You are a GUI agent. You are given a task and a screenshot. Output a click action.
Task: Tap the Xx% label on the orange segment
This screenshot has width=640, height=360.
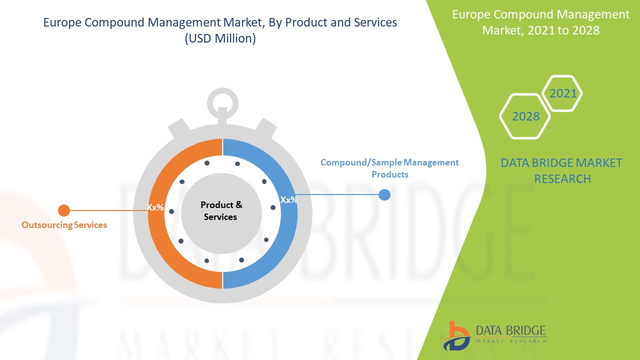click(155, 207)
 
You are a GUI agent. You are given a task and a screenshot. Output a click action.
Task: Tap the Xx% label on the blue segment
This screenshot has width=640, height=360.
click(289, 200)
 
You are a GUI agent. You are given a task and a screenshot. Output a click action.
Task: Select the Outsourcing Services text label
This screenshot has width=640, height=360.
click(64, 225)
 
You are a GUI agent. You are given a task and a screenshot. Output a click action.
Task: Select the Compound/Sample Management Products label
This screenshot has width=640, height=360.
click(389, 168)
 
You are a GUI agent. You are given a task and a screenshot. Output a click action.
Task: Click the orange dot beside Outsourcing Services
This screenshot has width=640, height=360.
click(64, 210)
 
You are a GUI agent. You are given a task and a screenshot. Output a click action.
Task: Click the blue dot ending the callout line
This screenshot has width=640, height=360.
click(384, 194)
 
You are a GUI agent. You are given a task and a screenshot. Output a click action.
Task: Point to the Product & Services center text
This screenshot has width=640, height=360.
click(221, 211)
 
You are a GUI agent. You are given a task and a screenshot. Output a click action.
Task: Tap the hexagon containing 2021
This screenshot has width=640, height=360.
click(562, 93)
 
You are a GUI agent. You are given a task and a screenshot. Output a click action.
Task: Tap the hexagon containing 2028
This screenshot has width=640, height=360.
click(525, 116)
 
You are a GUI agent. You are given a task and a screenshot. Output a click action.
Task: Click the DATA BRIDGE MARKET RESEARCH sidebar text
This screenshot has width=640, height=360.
click(562, 170)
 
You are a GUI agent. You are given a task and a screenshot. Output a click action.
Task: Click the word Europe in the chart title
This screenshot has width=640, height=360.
click(61, 22)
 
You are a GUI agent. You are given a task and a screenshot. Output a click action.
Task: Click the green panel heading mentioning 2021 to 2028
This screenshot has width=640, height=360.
click(540, 22)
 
